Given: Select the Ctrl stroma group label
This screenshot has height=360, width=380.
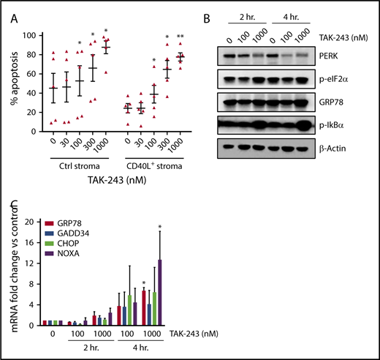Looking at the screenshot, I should click(78, 165).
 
